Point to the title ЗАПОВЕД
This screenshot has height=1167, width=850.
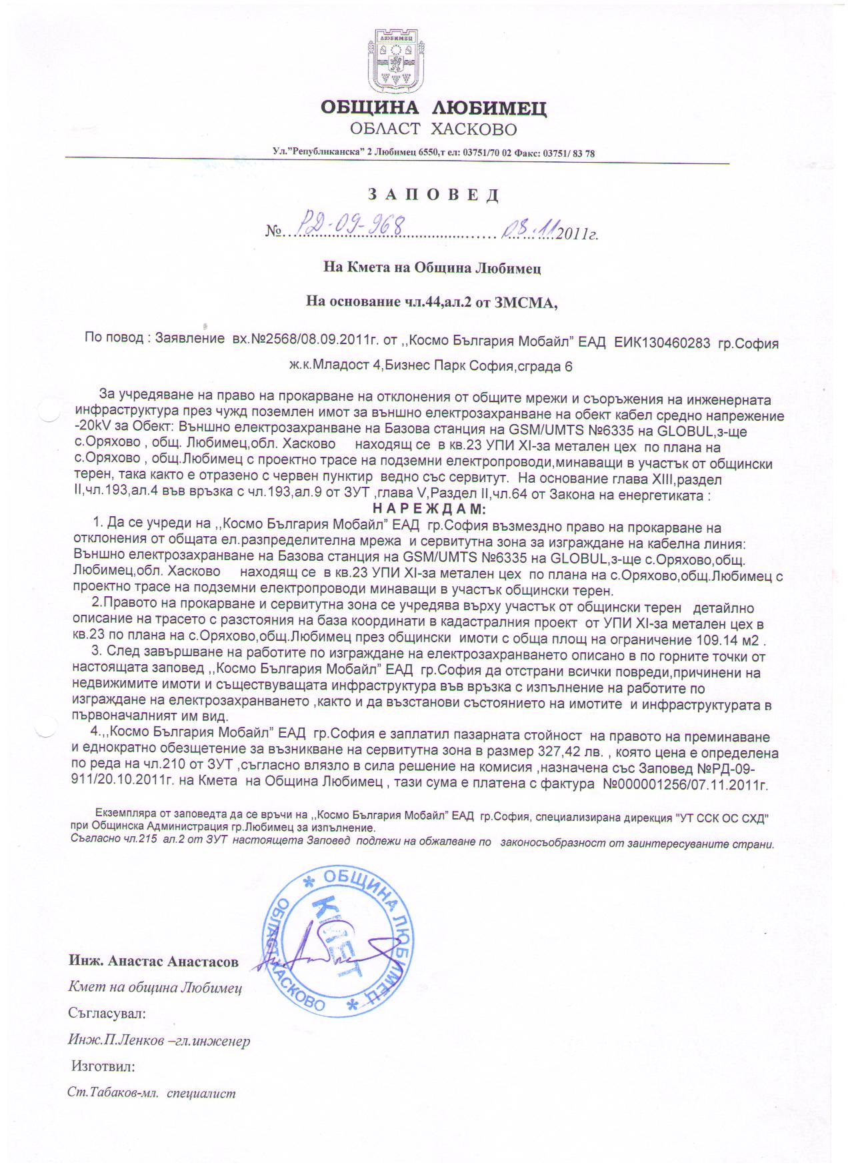433,195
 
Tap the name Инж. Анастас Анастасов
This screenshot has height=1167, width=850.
153,962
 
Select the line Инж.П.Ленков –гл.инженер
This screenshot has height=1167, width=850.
159,1040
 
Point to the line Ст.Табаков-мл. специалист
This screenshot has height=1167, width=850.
152,1094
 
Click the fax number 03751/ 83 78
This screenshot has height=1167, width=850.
569,153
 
